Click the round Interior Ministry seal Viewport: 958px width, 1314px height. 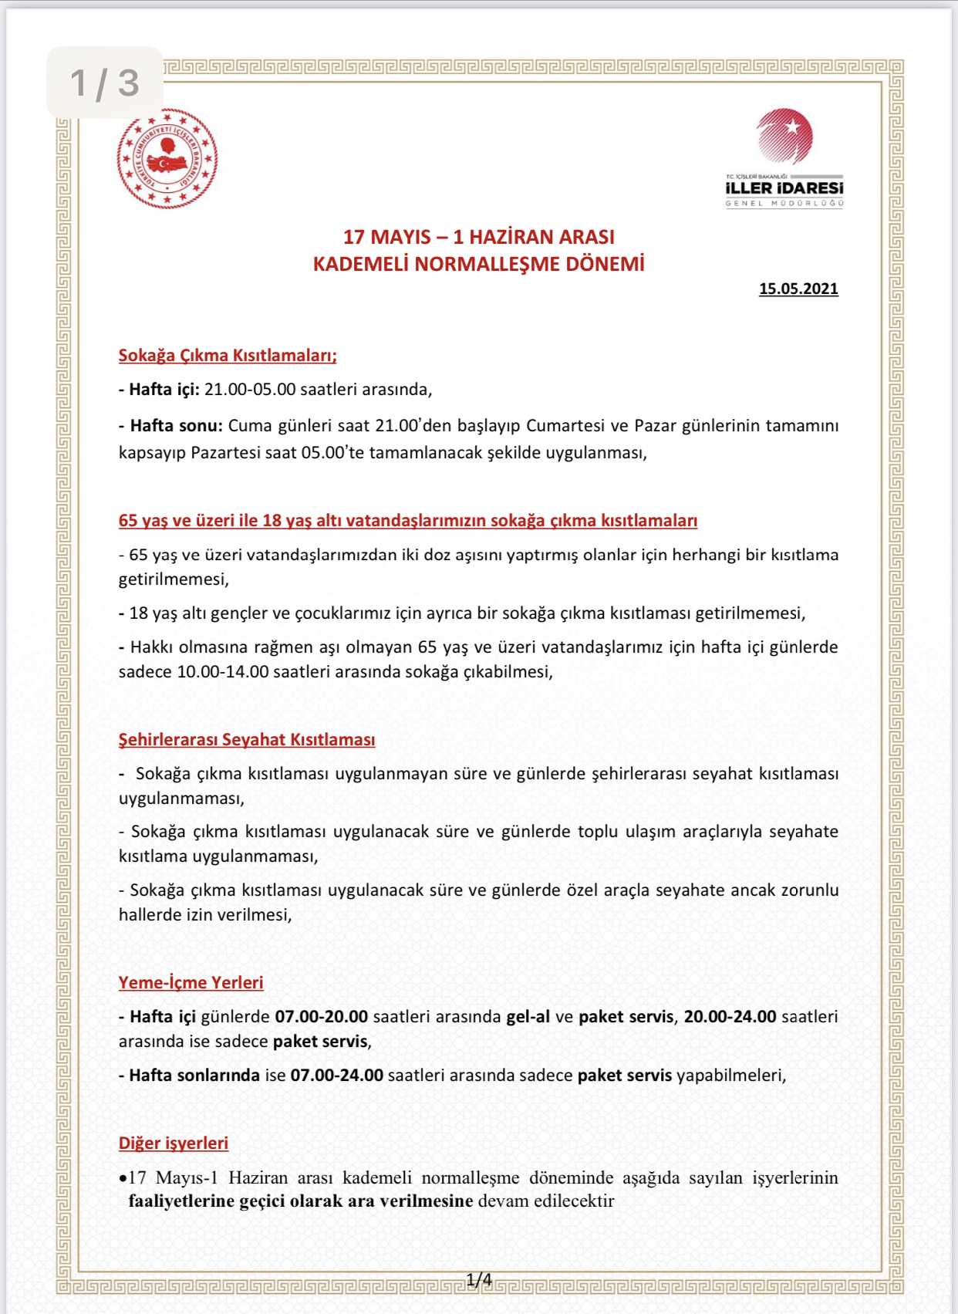tap(167, 159)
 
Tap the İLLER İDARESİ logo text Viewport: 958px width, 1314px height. tap(784, 188)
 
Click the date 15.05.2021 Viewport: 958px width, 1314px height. tap(798, 289)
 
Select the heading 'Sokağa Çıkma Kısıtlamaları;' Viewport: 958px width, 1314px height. tap(228, 355)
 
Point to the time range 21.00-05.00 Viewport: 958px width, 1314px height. tap(250, 389)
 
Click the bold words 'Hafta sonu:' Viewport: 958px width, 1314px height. tap(176, 425)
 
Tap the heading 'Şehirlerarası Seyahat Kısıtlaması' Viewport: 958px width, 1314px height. tap(247, 739)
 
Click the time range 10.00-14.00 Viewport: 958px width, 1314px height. tap(223, 671)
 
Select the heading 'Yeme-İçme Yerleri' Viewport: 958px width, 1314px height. tap(191, 982)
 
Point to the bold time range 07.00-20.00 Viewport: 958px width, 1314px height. tap(321, 1016)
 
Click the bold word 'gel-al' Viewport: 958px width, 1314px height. tap(528, 1016)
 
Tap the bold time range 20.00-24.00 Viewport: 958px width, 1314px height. tap(730, 1016)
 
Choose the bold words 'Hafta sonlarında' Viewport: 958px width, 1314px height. tap(194, 1075)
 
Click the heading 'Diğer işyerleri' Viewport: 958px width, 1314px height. tap(174, 1143)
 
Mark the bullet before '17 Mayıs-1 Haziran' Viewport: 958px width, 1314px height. tap(123, 1179)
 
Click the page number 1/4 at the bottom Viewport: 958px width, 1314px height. tap(479, 1280)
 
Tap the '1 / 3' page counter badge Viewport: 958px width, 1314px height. tap(105, 83)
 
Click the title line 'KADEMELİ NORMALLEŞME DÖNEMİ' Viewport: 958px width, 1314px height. tap(478, 264)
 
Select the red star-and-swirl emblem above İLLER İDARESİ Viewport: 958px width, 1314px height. tap(784, 137)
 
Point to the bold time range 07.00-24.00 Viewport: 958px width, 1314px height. tap(336, 1075)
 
